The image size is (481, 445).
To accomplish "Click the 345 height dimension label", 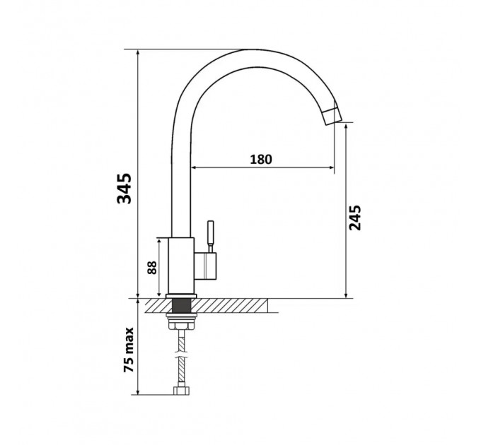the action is (124, 189).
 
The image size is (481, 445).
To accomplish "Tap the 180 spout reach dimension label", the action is (261, 159).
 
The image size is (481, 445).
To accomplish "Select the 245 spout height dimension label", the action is (355, 218).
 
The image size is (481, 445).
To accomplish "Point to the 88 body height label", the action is (152, 268).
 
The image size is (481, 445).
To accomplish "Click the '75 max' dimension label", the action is (129, 350).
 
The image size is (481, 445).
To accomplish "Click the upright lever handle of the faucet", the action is (211, 236).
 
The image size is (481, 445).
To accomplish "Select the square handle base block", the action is (205, 266).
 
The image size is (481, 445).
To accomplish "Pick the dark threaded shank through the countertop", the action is (181, 306).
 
